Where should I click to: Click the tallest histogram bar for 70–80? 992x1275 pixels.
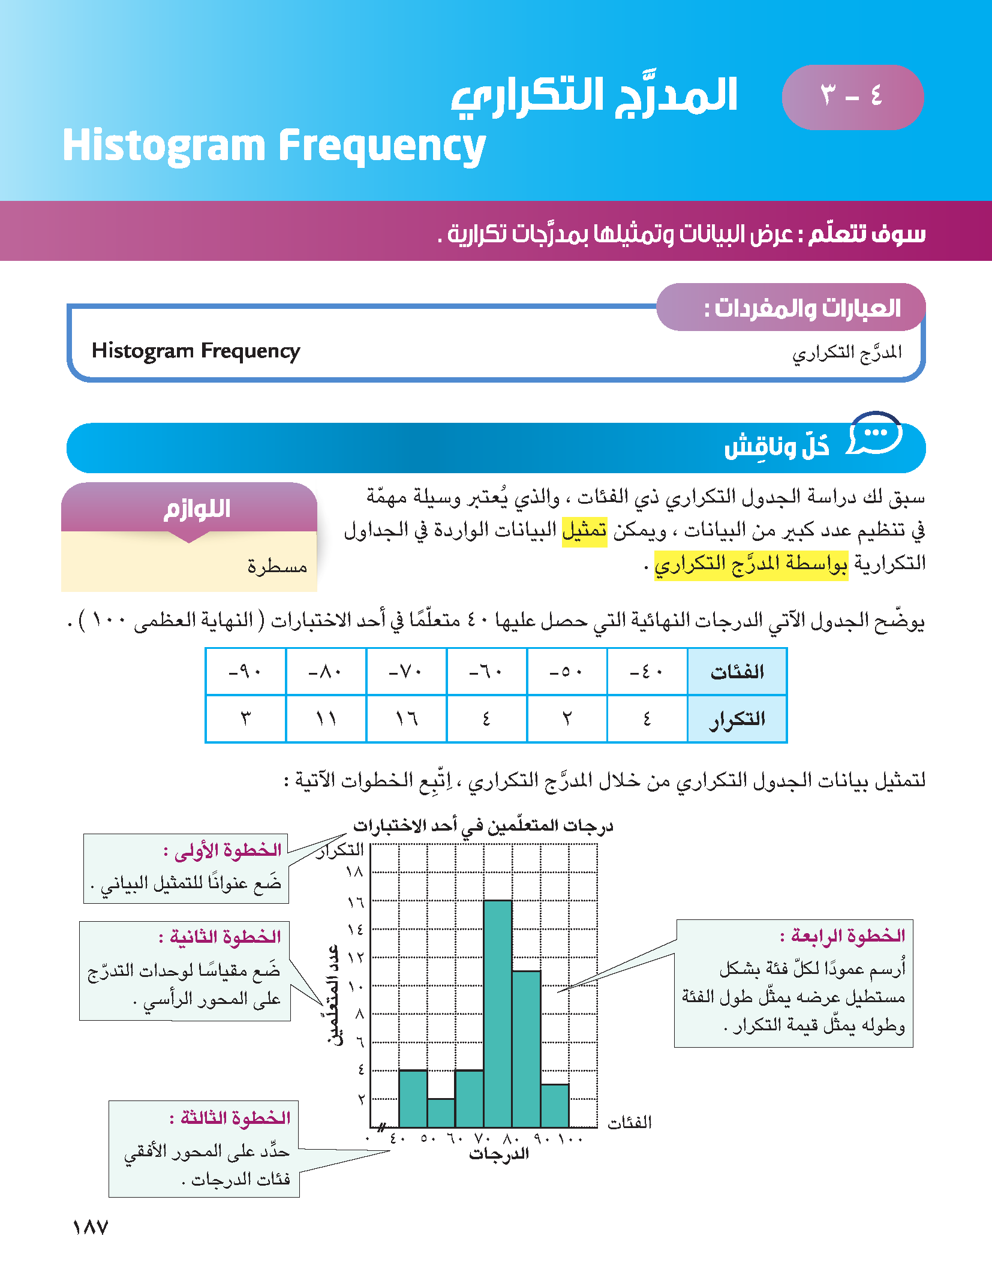pyautogui.click(x=498, y=1014)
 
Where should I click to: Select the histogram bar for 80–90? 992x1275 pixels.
pyautogui.click(x=527, y=1049)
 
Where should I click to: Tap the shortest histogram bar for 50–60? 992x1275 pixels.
pyautogui.click(x=441, y=1113)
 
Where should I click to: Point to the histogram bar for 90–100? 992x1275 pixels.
pyautogui.click(x=555, y=1106)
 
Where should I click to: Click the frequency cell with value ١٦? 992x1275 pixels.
pyautogui.click(x=407, y=718)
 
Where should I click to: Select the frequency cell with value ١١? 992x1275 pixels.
pyautogui.click(x=326, y=718)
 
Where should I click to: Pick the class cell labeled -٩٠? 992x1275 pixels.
pyautogui.click(x=245, y=672)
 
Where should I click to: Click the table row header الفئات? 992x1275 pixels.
pyautogui.click(x=737, y=672)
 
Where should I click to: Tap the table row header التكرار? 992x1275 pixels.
pyautogui.click(x=737, y=718)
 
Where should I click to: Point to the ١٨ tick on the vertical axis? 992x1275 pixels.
pyautogui.click(x=354, y=872)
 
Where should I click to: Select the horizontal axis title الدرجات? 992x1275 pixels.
pyautogui.click(x=499, y=1154)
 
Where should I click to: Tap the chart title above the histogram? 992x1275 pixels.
pyautogui.click(x=483, y=826)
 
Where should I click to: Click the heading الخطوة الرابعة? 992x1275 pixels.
pyautogui.click(x=842, y=936)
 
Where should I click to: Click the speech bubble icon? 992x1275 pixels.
pyautogui.click(x=876, y=433)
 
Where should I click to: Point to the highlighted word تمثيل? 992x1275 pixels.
pyautogui.click(x=585, y=530)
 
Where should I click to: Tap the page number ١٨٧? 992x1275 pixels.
pyautogui.click(x=90, y=1227)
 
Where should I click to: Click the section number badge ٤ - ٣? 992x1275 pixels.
pyautogui.click(x=852, y=97)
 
